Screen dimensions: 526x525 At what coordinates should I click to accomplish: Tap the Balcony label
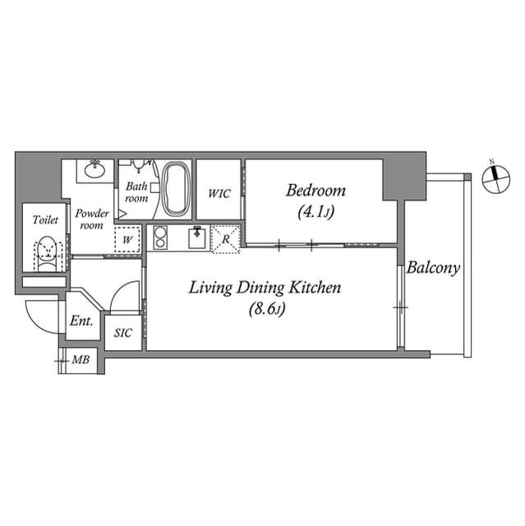tap(433, 268)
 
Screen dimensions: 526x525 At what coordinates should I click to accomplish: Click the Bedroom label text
tap(315, 191)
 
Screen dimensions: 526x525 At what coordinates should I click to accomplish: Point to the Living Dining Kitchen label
tap(265, 288)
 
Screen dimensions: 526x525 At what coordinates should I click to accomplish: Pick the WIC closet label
tap(219, 194)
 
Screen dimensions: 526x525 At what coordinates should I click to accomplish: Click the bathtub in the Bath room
tap(176, 189)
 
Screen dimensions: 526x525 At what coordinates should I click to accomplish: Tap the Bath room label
tap(136, 192)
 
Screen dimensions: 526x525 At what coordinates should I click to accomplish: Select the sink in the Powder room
tap(94, 171)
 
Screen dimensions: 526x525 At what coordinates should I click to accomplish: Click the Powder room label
tap(91, 219)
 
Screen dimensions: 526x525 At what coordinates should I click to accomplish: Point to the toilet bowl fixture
tap(48, 249)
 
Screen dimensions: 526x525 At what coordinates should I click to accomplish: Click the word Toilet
tap(45, 220)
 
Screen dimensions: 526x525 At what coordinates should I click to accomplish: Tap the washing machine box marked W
tap(127, 240)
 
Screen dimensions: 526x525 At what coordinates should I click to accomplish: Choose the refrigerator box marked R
tap(225, 238)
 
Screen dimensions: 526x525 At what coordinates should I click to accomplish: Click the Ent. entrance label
tap(81, 321)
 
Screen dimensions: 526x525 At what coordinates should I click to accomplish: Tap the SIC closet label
tap(123, 333)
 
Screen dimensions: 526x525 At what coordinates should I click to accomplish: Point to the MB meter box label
tap(81, 360)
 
